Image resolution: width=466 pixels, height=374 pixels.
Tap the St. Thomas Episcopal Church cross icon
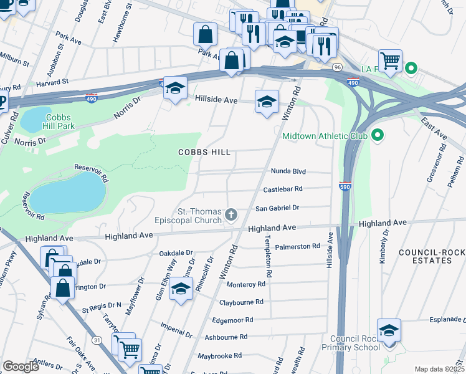[231, 215]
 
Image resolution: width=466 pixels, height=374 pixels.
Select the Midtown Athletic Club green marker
[377, 135]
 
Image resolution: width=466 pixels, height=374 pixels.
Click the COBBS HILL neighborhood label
[204, 152]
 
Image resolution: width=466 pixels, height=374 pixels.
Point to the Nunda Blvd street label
[288, 171]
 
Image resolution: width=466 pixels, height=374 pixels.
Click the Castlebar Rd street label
[282, 188]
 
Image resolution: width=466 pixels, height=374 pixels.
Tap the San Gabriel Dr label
[278, 208]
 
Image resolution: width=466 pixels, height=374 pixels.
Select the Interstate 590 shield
[345, 186]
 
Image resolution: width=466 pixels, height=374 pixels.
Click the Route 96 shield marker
[337, 67]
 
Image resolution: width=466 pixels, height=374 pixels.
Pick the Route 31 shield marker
[97, 340]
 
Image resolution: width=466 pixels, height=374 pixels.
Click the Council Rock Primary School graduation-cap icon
[389, 330]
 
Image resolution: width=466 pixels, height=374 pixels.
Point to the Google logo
[21, 367]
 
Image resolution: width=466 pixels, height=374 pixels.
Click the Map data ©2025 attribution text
[439, 369]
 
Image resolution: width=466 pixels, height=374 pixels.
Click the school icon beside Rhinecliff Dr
[181, 289]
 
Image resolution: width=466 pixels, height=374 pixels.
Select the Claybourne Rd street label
[241, 302]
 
